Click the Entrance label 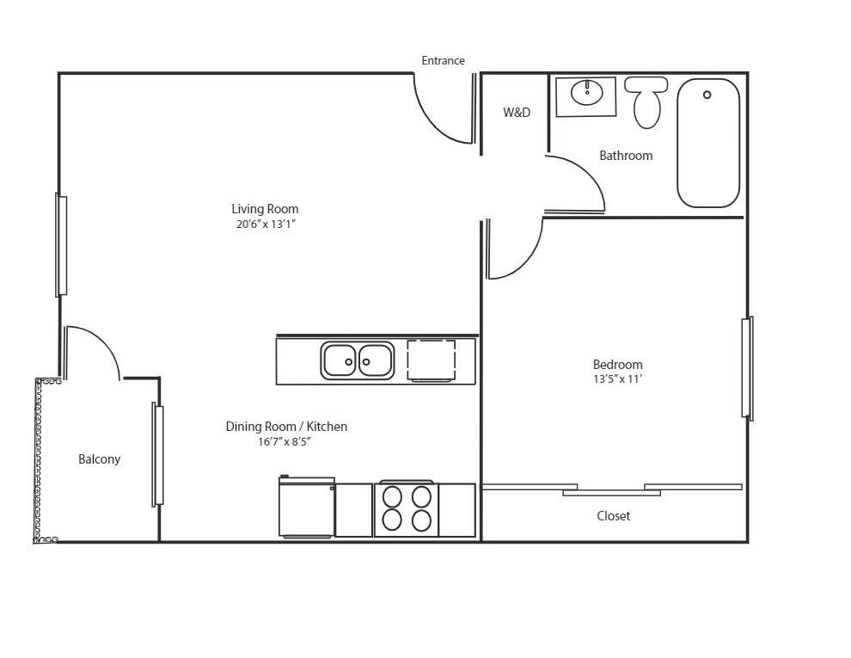443,61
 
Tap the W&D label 517,113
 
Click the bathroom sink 587,92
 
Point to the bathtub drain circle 707,95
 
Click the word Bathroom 626,156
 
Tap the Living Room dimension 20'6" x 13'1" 266,224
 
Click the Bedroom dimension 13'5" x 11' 617,379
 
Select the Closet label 613,516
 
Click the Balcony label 100,459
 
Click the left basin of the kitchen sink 340,360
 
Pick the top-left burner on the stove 393,497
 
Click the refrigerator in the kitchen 307,509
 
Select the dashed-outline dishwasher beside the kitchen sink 431,360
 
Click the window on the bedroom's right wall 748,368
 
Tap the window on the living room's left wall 61,245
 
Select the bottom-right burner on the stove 420,520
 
